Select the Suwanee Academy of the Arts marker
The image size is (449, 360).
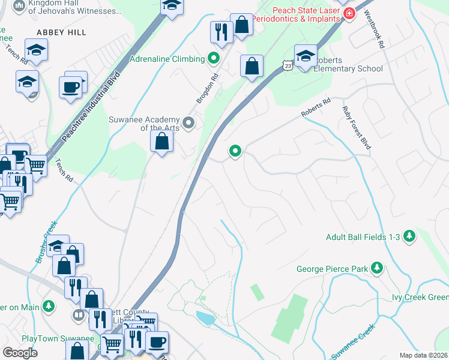[x=189, y=123]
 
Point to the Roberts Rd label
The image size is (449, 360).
[x=316, y=109]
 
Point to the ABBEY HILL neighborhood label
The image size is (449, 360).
[x=62, y=32]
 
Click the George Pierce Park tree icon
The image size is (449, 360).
[x=377, y=268]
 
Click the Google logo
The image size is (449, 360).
[x=19, y=353]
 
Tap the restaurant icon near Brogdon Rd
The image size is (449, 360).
[x=221, y=31]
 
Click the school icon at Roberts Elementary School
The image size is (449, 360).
[x=305, y=56]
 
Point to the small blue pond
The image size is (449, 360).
[x=205, y=317]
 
